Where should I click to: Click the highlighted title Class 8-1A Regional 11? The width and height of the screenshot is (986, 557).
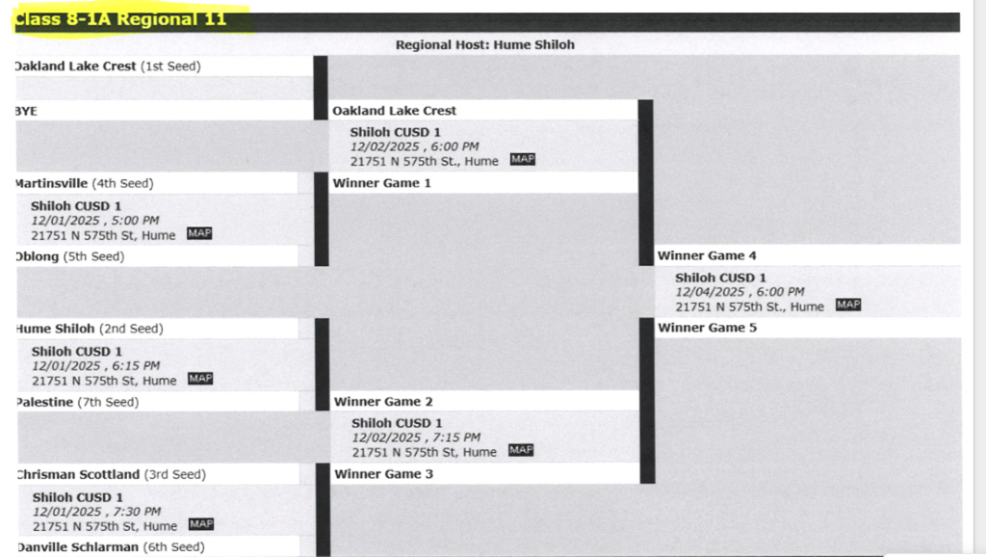point(120,19)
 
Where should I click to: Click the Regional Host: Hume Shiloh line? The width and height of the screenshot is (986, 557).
point(484,44)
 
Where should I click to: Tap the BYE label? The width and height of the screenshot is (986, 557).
point(26,111)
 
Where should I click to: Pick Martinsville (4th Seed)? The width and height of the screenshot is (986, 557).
point(84,183)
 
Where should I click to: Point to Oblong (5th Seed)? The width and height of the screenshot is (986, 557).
point(69,256)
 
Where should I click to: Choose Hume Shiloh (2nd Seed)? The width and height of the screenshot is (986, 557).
point(89,329)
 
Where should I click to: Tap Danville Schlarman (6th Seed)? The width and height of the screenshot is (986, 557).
point(109,546)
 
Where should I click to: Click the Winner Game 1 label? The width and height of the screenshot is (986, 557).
point(382,183)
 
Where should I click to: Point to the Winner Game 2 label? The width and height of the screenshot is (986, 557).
point(383,401)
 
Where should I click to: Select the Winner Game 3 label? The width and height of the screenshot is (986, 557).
point(383,474)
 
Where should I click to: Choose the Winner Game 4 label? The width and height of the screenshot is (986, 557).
point(707,255)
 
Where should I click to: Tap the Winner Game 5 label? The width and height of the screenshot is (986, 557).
point(707,328)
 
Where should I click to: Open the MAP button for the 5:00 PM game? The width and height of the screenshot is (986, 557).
point(199,233)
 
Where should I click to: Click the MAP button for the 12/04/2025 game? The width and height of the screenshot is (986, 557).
point(848,305)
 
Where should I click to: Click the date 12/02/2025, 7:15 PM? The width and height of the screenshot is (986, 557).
point(416,438)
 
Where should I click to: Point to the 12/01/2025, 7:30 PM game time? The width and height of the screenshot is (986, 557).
point(96,512)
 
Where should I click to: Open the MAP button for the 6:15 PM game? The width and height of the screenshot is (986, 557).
point(200,379)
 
